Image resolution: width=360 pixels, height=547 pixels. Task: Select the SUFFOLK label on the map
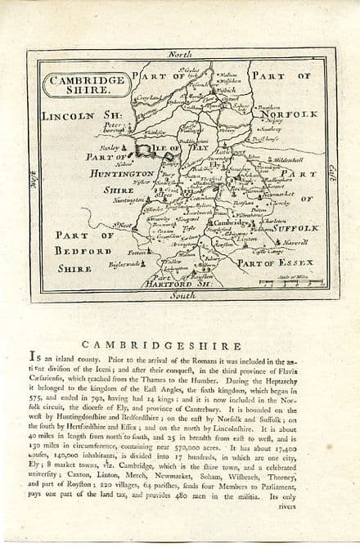[290, 228]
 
